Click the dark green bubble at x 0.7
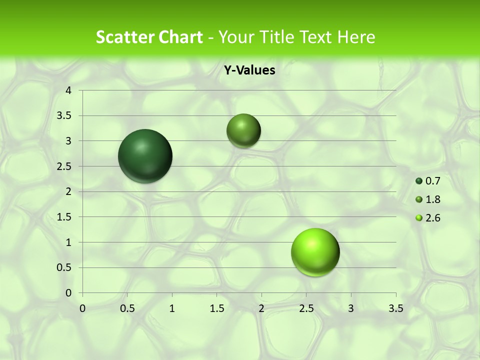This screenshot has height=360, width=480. tap(145, 156)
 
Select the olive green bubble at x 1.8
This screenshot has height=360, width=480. tap(243, 130)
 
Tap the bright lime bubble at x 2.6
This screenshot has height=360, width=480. tap(315, 252)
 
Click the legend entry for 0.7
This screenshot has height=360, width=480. tap(428, 181)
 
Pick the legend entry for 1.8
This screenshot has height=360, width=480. tap(428, 199)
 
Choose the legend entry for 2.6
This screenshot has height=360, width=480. tap(428, 218)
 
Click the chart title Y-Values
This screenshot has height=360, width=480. tap(249, 70)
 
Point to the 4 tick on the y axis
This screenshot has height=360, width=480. tap(69, 90)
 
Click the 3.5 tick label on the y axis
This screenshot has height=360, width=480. tap(65, 115)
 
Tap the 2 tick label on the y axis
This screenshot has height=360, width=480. tap(69, 191)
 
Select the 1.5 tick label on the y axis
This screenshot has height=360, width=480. tap(65, 217)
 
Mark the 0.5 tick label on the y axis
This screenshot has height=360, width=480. tap(65, 267)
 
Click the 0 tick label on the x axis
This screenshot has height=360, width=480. tap(82, 308)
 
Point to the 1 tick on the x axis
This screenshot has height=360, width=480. tap(172, 308)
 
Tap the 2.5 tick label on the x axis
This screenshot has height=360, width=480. tap(306, 308)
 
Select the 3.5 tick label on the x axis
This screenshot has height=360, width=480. tap(395, 308)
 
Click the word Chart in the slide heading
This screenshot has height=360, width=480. tap(179, 37)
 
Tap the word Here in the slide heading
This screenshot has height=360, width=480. tap(356, 37)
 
